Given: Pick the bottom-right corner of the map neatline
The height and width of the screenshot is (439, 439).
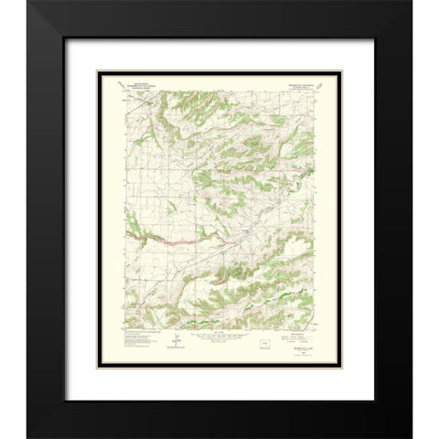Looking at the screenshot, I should coord(316,328).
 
